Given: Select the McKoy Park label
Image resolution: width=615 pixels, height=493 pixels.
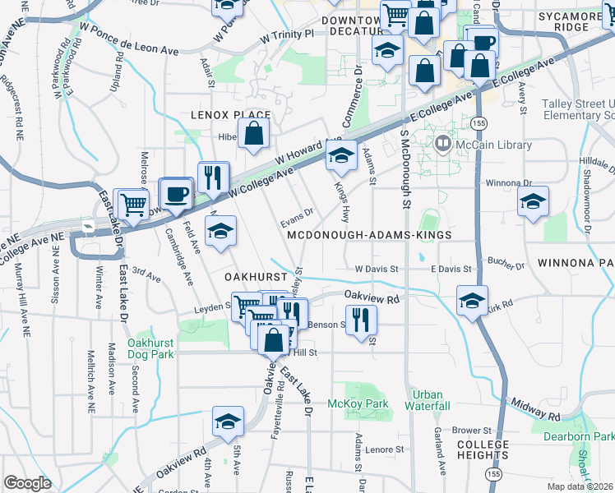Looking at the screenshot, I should (357, 404).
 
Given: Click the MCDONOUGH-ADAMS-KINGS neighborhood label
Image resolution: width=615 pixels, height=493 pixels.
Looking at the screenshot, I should (370, 235).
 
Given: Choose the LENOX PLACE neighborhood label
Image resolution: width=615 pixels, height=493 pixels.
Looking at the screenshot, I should (231, 116).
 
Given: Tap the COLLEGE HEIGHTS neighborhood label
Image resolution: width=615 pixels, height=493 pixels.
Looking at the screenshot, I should (483, 450).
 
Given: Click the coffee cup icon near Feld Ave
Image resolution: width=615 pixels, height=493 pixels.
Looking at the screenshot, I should (176, 194).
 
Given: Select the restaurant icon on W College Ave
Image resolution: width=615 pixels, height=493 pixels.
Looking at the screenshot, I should (213, 176).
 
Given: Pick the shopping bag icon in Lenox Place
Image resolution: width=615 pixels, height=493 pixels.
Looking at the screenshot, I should (254, 132).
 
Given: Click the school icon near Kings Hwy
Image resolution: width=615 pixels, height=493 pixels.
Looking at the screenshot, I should (340, 154).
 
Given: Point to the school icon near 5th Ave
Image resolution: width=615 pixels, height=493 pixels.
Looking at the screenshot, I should (227, 422).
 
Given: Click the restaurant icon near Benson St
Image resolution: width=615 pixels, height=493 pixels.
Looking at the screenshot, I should (360, 319).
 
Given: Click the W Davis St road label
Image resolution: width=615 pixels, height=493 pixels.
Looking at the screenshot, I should (377, 269).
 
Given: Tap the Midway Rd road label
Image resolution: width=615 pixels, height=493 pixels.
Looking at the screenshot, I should (539, 401).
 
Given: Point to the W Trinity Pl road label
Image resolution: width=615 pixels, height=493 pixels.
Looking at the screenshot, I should (287, 36).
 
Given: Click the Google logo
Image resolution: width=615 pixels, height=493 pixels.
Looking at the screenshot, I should (27, 483).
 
